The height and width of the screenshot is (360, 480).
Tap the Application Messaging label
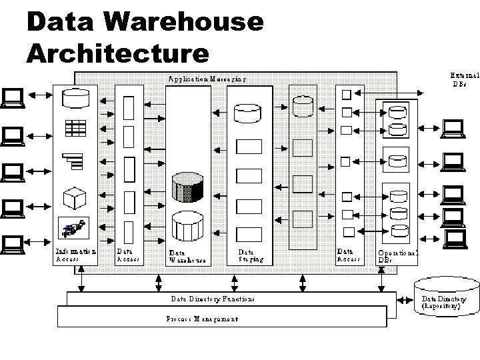(207, 79)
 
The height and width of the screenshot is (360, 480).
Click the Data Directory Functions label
(212, 299)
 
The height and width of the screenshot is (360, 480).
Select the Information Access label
(75, 255)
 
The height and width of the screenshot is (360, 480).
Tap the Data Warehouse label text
(187, 257)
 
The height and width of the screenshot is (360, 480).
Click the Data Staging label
(251, 255)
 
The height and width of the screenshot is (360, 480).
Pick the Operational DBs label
(397, 257)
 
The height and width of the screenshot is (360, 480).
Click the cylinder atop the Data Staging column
(249, 112)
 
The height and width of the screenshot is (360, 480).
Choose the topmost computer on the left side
(13, 99)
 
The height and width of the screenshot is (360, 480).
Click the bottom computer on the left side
(13, 245)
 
